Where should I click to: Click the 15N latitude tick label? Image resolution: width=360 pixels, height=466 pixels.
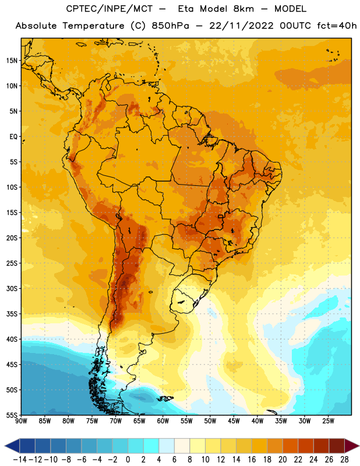(12, 61)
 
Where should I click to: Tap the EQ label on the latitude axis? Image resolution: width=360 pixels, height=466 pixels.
(13, 137)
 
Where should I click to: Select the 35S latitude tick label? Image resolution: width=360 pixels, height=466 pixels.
(12, 314)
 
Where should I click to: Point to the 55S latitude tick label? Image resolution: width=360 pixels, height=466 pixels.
(12, 415)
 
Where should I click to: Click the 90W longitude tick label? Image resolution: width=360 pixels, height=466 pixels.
(21, 421)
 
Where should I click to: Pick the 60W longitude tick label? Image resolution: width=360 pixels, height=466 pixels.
(163, 421)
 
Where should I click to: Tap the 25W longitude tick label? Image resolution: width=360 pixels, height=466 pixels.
(328, 421)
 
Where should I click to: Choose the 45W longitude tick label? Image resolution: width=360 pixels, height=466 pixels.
(234, 421)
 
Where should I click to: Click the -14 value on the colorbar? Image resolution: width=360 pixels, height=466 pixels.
(20, 460)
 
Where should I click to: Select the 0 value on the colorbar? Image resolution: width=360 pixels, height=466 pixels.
(128, 460)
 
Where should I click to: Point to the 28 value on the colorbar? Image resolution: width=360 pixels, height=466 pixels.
(344, 460)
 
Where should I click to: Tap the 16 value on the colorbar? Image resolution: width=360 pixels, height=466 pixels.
(252, 460)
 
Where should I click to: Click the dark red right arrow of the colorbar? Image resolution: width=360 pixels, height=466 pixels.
(351, 446)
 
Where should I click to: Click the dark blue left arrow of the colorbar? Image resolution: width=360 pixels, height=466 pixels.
(12, 446)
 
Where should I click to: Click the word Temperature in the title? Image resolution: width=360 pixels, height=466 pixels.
(93, 26)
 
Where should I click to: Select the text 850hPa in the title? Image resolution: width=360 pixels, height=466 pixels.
(170, 26)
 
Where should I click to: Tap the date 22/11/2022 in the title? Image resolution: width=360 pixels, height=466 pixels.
(241, 26)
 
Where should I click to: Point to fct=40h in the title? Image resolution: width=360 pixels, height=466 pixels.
(337, 26)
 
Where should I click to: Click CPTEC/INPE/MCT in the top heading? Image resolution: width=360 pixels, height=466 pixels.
(110, 9)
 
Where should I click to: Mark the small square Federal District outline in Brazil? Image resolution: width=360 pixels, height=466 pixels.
(221, 217)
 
